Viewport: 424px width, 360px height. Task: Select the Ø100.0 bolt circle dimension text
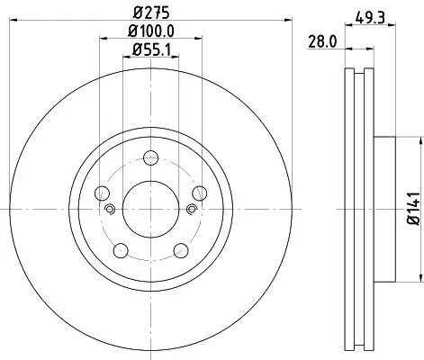[x=150, y=33]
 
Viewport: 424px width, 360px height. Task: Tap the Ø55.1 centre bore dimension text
[x=150, y=51]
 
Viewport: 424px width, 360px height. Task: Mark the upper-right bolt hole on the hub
[x=193, y=193]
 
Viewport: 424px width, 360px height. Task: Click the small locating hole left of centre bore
[x=110, y=211]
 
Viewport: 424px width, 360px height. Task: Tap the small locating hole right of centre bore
[x=190, y=211]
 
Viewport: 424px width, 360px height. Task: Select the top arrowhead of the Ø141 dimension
[x=420, y=140]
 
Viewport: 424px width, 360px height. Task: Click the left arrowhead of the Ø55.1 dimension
[x=126, y=61]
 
